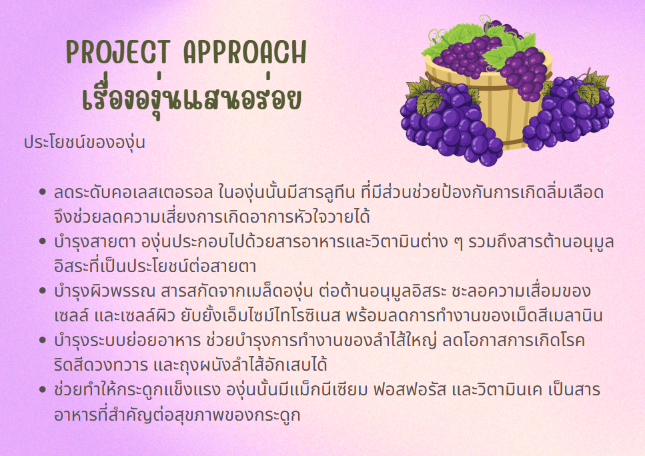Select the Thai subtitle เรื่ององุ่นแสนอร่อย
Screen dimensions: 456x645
point(191,99)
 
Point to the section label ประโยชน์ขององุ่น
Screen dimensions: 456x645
point(84,143)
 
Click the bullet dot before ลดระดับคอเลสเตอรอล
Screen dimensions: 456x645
point(43,193)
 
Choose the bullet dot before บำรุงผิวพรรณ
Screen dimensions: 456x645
point(43,291)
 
